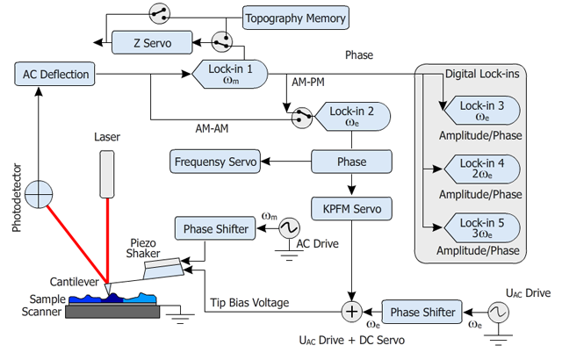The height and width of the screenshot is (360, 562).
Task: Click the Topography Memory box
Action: coord(296,18)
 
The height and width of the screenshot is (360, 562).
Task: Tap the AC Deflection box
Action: coord(54,75)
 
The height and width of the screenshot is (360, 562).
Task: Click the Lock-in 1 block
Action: coord(231,75)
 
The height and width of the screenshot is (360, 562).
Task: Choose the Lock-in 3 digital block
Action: coord(482,110)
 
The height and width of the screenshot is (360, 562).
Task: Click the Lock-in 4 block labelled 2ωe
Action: coord(482,167)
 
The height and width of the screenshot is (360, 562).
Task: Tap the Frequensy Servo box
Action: coord(215,162)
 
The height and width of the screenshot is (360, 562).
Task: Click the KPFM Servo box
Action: coord(351,210)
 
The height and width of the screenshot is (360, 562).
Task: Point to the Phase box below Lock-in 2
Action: coord(351,162)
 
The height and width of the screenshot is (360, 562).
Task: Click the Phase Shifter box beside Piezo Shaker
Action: coord(215,229)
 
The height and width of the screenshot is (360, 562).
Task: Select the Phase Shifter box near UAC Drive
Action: coord(422,312)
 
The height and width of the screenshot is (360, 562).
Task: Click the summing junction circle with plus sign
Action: coord(351,311)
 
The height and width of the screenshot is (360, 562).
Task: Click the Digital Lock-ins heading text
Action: coord(481,74)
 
